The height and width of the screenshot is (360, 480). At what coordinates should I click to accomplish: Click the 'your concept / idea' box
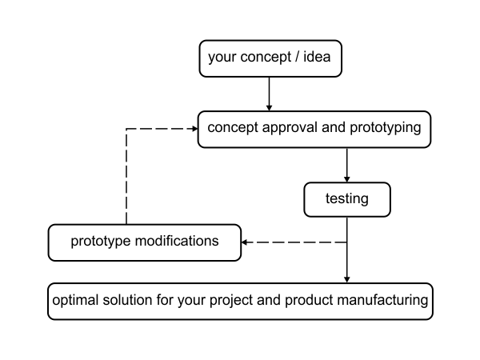pyautogui.click(x=270, y=58)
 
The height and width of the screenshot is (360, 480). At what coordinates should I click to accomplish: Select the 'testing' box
pyautogui.click(x=347, y=199)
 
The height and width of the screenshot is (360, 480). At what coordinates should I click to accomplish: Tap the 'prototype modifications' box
pyautogui.click(x=145, y=242)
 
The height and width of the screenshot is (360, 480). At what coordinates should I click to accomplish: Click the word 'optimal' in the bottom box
pyautogui.click(x=75, y=300)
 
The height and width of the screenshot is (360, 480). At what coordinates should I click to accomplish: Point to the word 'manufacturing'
pyautogui.click(x=382, y=300)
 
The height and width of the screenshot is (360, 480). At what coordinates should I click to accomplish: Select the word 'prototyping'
pyautogui.click(x=386, y=127)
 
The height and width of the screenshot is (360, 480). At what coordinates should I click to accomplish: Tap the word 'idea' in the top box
pyautogui.click(x=317, y=57)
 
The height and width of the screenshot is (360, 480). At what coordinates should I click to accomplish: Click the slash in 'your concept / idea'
pyautogui.click(x=297, y=57)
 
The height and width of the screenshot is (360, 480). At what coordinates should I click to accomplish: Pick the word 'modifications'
pyautogui.click(x=177, y=241)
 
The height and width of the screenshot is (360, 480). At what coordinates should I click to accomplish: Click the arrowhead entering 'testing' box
pyautogui.click(x=347, y=179)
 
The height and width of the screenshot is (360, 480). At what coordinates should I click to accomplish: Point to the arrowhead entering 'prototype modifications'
pyautogui.click(x=245, y=242)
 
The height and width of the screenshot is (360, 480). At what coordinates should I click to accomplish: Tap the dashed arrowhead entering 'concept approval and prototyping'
pyautogui.click(x=194, y=129)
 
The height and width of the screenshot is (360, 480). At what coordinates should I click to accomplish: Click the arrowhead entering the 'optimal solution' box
pyautogui.click(x=347, y=279)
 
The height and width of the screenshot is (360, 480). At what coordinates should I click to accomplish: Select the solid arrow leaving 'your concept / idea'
pyautogui.click(x=269, y=94)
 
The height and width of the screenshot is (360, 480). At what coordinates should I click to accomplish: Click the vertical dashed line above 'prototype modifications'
pyautogui.click(x=126, y=177)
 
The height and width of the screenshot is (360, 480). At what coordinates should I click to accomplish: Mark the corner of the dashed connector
pyautogui.click(x=126, y=129)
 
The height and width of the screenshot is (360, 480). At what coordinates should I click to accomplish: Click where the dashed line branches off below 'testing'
pyautogui.click(x=347, y=242)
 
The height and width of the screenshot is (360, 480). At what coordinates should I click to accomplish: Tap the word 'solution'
pyautogui.click(x=127, y=300)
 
